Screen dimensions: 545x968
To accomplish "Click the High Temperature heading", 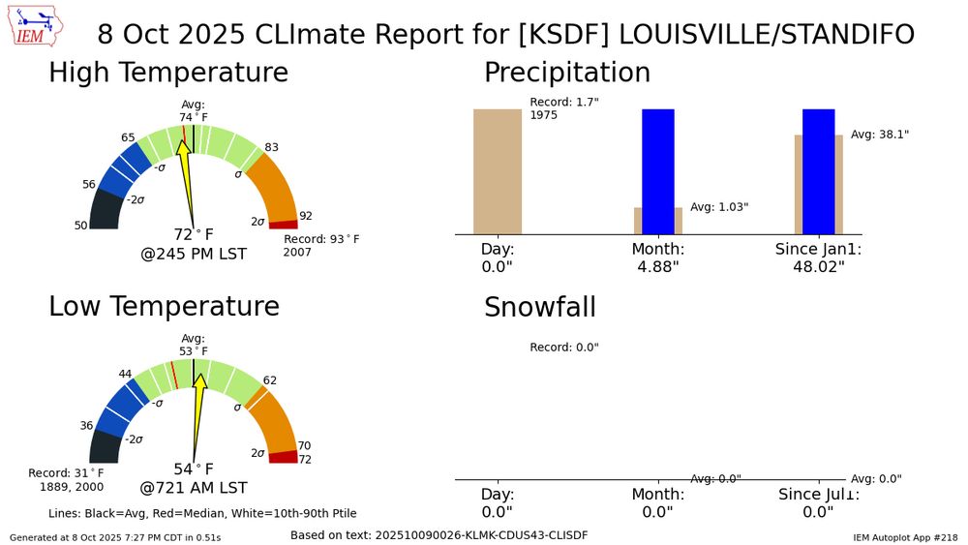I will click(x=168, y=73).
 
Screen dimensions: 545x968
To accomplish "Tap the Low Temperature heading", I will click(x=164, y=306).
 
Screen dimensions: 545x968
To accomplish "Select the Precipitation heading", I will click(x=566, y=73).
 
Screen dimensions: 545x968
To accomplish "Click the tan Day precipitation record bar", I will click(x=497, y=171).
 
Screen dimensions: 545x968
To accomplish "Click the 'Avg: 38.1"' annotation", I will click(x=879, y=135).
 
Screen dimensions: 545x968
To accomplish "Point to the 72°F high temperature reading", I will click(x=193, y=234).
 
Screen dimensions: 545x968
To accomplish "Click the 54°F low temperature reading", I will click(x=193, y=469).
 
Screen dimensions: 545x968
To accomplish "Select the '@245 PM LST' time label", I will click(x=194, y=255).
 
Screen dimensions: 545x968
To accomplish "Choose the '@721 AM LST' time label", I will click(x=194, y=488).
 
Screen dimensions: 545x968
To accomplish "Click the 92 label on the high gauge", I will click(x=306, y=216).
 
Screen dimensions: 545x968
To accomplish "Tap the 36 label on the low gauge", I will click(x=86, y=425).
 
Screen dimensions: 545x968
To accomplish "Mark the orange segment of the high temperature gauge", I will click(x=270, y=185).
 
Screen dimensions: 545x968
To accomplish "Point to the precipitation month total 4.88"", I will click(x=658, y=267).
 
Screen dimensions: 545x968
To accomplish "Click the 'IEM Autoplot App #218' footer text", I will click(x=905, y=536).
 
